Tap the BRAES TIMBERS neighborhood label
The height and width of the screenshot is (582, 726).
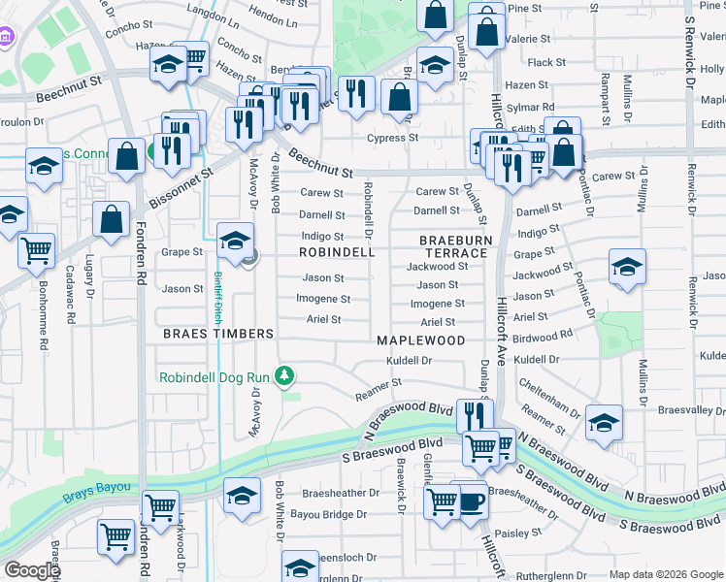pyautogui.click(x=217, y=334)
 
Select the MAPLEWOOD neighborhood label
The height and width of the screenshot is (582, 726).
pyautogui.click(x=420, y=340)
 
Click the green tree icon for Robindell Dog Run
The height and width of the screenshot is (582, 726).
pyautogui.click(x=284, y=374)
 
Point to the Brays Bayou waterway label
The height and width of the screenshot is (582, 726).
pyautogui.click(x=97, y=498)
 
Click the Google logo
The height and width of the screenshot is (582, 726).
pyautogui.click(x=32, y=570)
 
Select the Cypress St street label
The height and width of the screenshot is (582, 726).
pyautogui.click(x=392, y=138)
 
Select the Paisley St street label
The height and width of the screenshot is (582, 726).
pyautogui.click(x=516, y=533)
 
